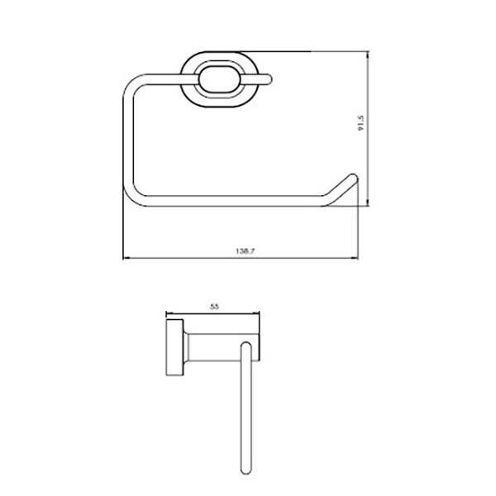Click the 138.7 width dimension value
[x=246, y=251]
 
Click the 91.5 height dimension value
[x=361, y=123]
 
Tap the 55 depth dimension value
[x=214, y=307]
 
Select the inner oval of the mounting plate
[x=219, y=79]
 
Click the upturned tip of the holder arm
[x=353, y=178]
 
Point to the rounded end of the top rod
[x=268, y=79]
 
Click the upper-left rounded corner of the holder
[x=133, y=85]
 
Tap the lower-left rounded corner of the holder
[x=133, y=196]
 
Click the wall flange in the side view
[x=174, y=347]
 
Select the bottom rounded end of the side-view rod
[x=246, y=470]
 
